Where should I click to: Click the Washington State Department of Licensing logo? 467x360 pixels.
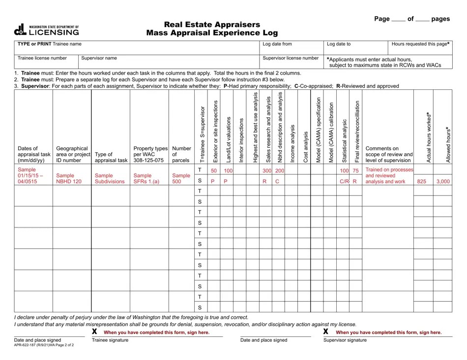click(46, 30)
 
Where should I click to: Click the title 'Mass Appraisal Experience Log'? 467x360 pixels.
click(212, 33)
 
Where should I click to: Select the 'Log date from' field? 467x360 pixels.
click(292, 47)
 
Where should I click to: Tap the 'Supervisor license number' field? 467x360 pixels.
click(292, 61)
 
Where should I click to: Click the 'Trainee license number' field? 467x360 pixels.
click(46, 61)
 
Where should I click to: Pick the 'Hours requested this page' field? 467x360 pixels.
click(420, 47)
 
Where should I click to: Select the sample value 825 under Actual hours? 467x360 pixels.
click(422, 181)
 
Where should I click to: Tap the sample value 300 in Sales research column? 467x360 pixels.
click(267, 170)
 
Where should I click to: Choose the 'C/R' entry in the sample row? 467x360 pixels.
click(344, 181)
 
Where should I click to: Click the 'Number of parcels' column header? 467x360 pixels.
click(181, 154)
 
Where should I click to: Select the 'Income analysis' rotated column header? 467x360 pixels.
click(292, 143)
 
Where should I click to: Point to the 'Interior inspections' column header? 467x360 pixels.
click(241, 140)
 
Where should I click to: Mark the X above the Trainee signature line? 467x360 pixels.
click(94, 332)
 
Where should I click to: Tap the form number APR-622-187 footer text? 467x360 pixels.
click(44, 345)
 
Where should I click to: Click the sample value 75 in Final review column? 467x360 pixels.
click(355, 170)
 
